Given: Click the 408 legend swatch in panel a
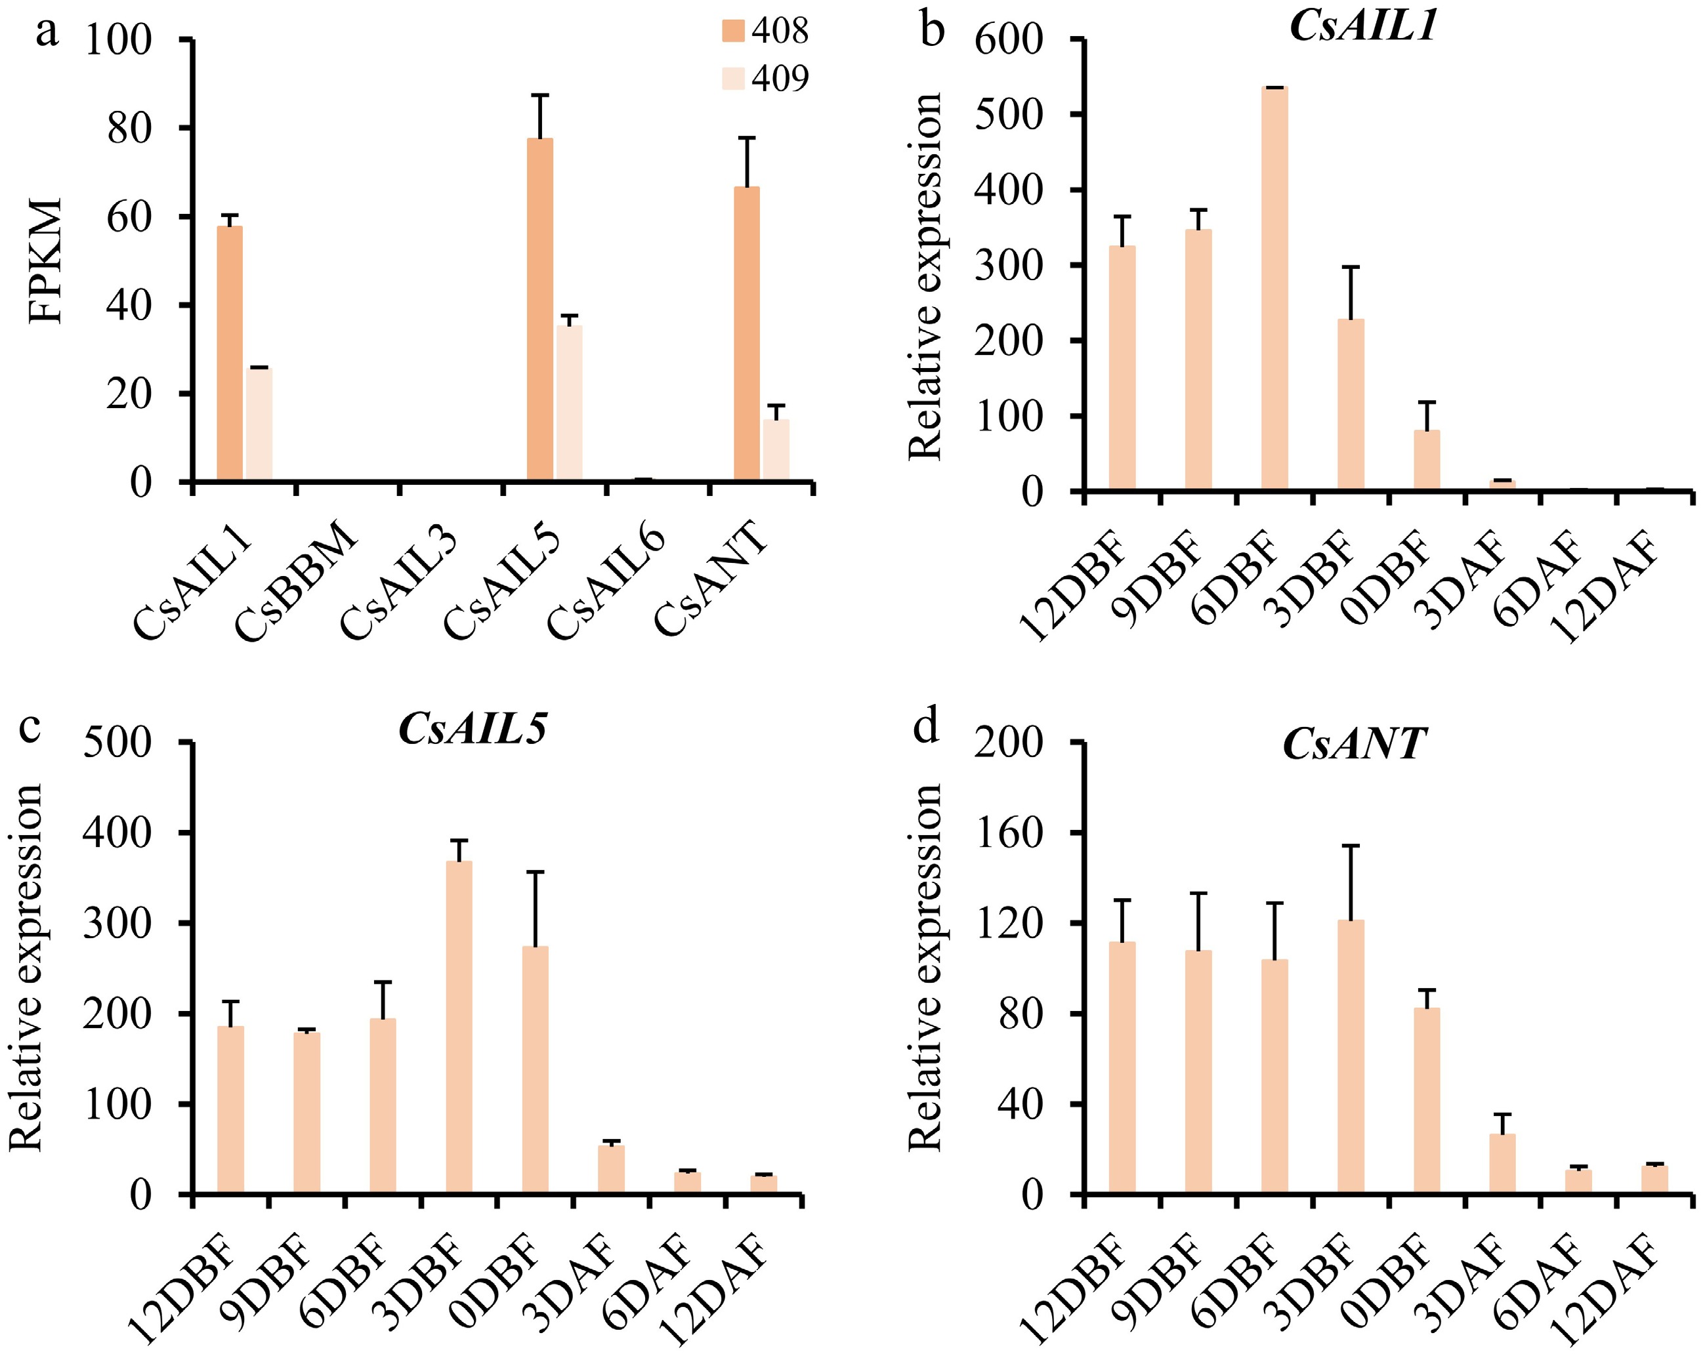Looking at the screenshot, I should pos(732,31).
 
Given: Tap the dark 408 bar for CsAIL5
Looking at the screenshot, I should pos(539,309).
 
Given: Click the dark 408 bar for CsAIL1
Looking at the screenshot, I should pos(229,354).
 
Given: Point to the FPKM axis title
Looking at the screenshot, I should pos(45,261).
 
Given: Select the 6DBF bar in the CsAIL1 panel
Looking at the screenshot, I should pos(1274,289).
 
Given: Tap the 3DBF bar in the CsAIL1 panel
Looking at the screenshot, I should pos(1351,405).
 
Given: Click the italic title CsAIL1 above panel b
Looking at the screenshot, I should pos(1362,26).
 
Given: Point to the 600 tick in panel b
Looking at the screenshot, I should pos(1019,39).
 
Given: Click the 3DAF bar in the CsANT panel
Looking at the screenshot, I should pos(1503,1163).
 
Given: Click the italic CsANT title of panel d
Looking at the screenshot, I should pos(1353,744).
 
